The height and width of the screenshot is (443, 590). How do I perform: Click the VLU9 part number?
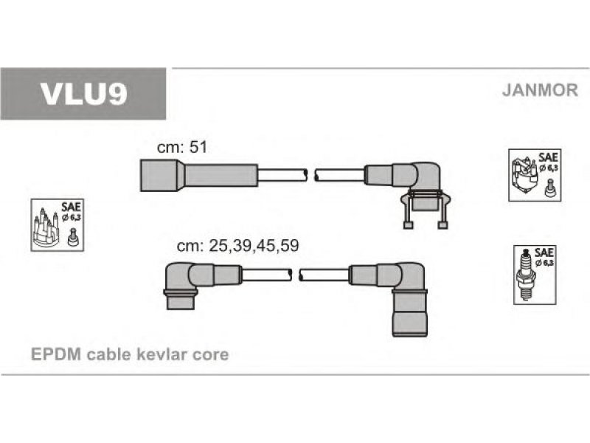click(x=83, y=94)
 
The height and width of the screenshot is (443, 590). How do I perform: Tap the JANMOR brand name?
click(x=540, y=90)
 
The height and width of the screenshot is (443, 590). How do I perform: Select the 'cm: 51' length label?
click(x=182, y=147)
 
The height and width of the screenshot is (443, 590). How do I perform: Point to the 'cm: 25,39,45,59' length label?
click(x=237, y=246)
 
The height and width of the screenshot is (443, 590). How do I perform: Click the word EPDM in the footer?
click(x=56, y=354)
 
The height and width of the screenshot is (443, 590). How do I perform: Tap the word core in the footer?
click(x=210, y=355)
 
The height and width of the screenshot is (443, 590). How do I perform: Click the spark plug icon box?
click(x=535, y=275)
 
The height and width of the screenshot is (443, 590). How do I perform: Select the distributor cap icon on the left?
click(x=58, y=225)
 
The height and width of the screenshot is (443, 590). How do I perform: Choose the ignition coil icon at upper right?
click(x=535, y=175)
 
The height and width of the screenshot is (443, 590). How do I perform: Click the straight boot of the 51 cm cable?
click(x=198, y=176)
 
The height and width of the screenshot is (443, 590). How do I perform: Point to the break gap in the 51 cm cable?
click(x=310, y=176)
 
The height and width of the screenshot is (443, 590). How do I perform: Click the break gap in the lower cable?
click(x=296, y=275)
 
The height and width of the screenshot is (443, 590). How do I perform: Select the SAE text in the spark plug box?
click(x=544, y=253)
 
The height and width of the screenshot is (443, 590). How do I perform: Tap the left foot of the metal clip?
click(x=409, y=225)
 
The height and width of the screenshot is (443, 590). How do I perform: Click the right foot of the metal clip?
click(x=443, y=225)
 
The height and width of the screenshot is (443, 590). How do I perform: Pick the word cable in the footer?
click(x=108, y=354)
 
